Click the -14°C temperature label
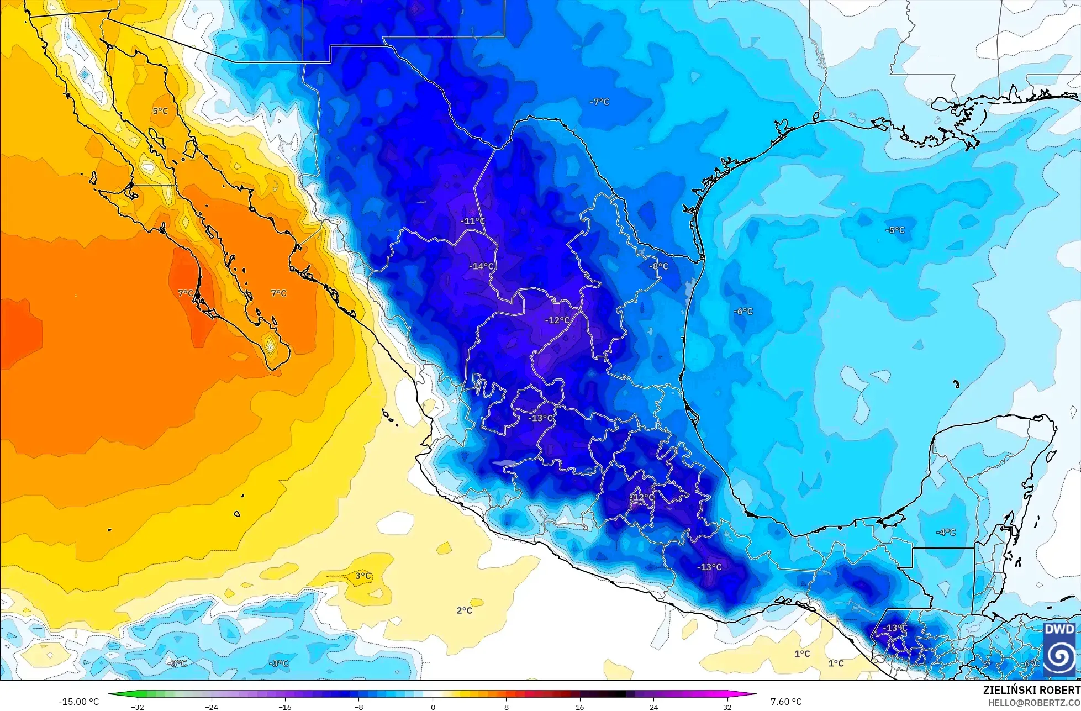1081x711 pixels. tap(481, 266)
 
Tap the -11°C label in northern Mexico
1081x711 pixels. tap(473, 221)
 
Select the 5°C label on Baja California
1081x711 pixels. tap(160, 111)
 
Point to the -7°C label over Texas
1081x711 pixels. tap(599, 102)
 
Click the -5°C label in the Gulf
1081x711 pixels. tap(895, 230)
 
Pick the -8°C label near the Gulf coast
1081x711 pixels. tap(658, 266)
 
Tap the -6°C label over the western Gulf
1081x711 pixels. tap(743, 311)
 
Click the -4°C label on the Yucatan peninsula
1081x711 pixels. tap(946, 532)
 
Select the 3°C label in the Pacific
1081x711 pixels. tap(363, 576)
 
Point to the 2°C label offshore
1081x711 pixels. tap(464, 610)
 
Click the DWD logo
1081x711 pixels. tap(1059, 650)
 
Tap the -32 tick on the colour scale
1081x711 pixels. tap(138, 707)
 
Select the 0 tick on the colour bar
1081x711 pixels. tap(433, 707)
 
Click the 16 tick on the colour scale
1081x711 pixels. tap(579, 707)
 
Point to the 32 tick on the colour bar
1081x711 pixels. tap(727, 707)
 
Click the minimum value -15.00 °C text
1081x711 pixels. tap(78, 702)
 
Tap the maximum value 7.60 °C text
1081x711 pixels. tap(786, 702)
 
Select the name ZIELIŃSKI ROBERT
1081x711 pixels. tap(1031, 690)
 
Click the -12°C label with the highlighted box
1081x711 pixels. tap(642, 497)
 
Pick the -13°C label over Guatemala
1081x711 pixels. tap(895, 628)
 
